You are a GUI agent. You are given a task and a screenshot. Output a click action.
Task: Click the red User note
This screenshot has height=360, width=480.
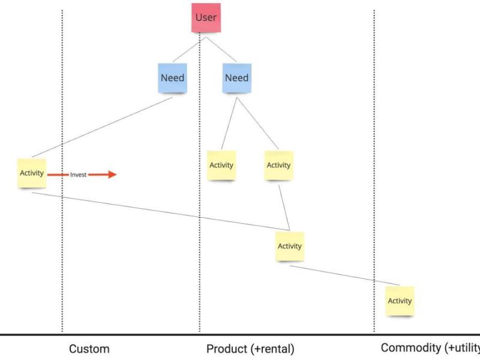[206, 18]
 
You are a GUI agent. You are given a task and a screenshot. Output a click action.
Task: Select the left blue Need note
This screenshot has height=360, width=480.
[172, 78]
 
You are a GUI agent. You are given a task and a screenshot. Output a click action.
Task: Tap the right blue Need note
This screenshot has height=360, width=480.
[236, 78]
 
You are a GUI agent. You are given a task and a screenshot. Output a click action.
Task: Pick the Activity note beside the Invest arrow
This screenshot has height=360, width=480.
[32, 173]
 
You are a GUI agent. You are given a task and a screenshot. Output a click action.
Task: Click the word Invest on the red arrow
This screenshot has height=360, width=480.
[79, 175]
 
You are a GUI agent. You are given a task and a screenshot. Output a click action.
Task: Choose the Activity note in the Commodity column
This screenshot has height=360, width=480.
[400, 301]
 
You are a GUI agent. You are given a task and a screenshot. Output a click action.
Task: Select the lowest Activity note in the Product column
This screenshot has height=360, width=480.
[290, 246]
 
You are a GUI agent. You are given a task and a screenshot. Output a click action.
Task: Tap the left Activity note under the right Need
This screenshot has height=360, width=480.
[221, 165]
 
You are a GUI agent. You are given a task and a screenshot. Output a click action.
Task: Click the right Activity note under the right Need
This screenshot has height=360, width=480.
[278, 165]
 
